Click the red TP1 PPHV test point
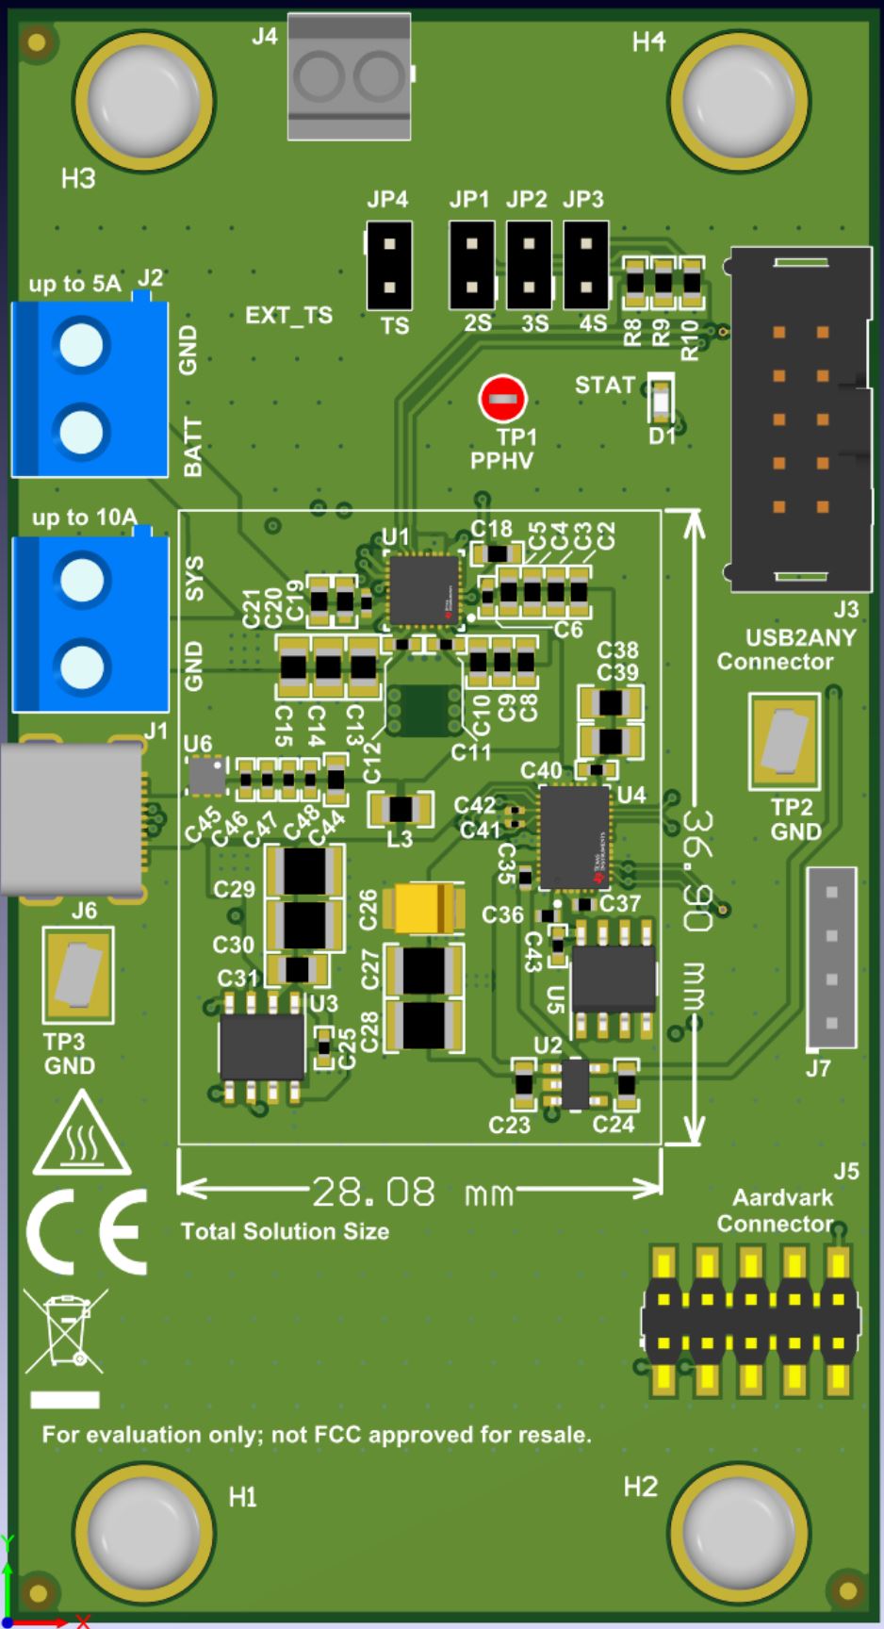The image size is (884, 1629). click(503, 400)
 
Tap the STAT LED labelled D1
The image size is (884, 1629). click(662, 400)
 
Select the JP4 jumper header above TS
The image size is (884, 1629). click(389, 266)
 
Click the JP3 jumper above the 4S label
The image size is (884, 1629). click(586, 266)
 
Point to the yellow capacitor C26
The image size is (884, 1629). click(430, 908)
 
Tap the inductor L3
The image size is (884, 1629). click(401, 809)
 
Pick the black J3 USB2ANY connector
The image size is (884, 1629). click(800, 419)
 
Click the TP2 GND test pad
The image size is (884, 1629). click(784, 741)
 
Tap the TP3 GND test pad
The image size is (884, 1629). click(77, 975)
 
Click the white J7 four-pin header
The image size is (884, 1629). click(831, 958)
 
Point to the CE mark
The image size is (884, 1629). click(87, 1231)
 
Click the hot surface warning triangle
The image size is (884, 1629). click(82, 1136)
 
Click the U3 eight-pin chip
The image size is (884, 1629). click(261, 1046)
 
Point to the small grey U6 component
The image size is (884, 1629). click(206, 775)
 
